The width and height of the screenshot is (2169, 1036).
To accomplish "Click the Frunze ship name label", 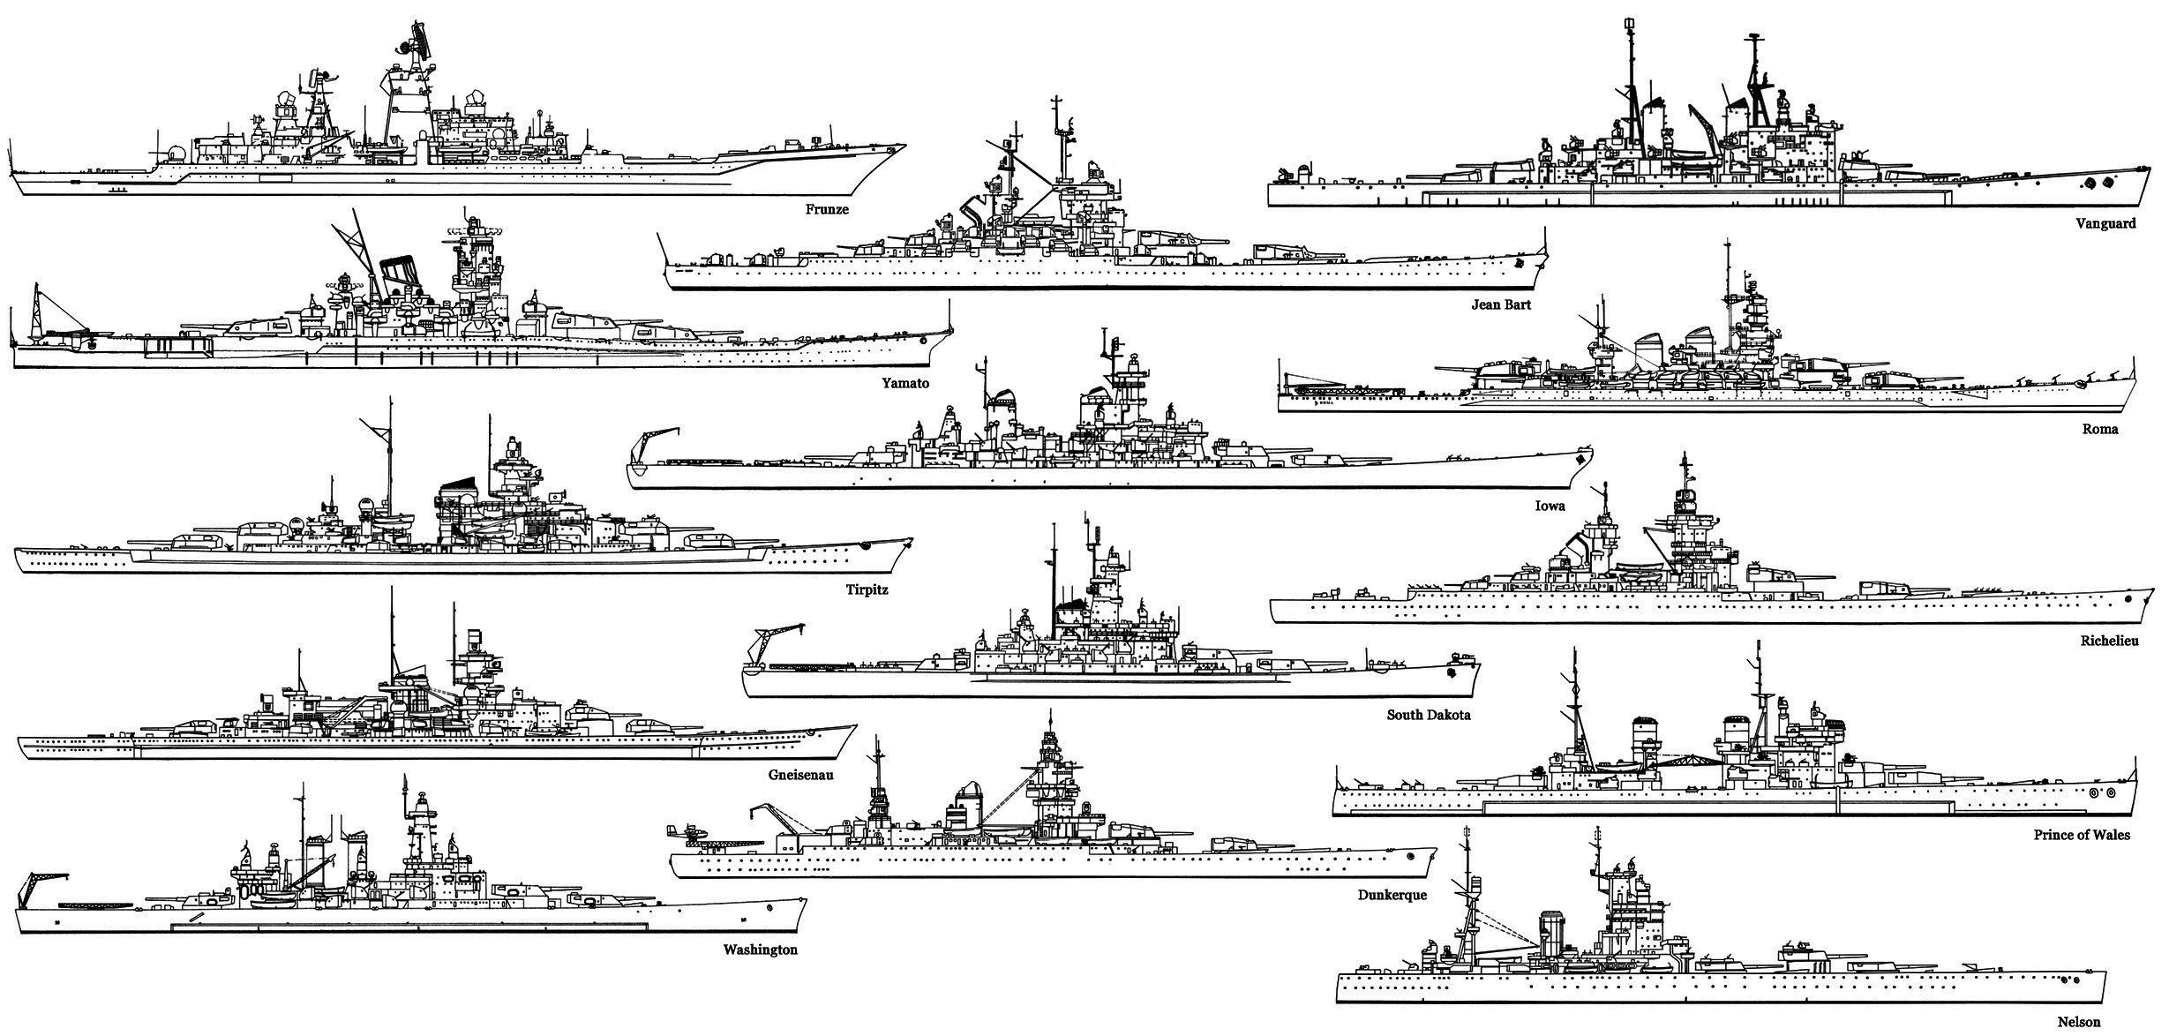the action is click(x=827, y=210).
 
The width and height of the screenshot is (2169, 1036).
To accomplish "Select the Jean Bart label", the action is click(x=1501, y=304).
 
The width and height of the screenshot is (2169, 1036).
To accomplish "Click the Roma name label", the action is click(x=2101, y=429).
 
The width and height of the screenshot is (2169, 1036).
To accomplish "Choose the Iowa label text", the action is click(x=1550, y=506).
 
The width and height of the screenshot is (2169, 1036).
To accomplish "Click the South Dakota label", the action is click(x=1428, y=715).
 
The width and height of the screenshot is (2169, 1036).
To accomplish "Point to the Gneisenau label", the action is click(x=800, y=775).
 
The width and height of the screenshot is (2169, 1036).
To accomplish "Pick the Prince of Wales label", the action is click(x=2081, y=835).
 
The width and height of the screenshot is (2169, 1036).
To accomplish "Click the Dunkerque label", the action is click(x=1392, y=895).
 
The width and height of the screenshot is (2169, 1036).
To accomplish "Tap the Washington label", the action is click(x=760, y=950).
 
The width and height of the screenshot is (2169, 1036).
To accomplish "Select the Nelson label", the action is click(x=2079, y=1022).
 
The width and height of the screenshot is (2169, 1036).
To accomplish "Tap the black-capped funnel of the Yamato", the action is click(x=401, y=273).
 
